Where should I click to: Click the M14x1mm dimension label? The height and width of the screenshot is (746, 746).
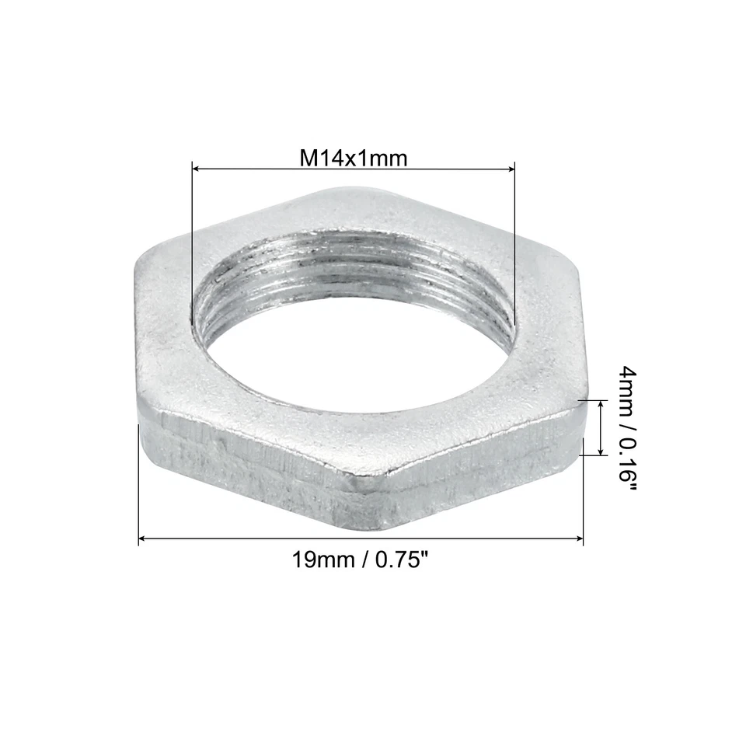click(354, 159)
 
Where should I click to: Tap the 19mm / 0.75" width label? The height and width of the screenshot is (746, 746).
click(361, 559)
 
